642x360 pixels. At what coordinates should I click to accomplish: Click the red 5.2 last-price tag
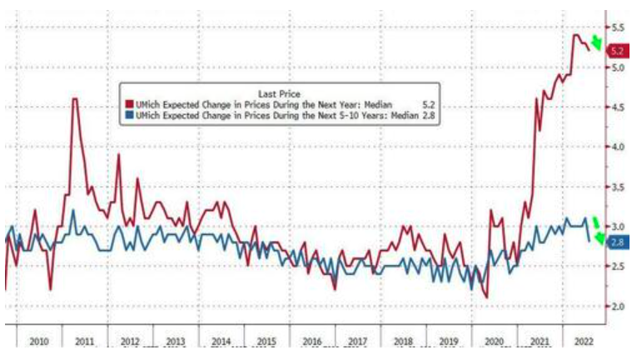coord(617,51)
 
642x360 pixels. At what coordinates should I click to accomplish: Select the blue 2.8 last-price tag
coord(617,242)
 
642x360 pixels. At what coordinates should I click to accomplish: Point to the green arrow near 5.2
coord(596,42)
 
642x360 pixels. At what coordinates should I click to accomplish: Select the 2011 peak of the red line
coord(74,99)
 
